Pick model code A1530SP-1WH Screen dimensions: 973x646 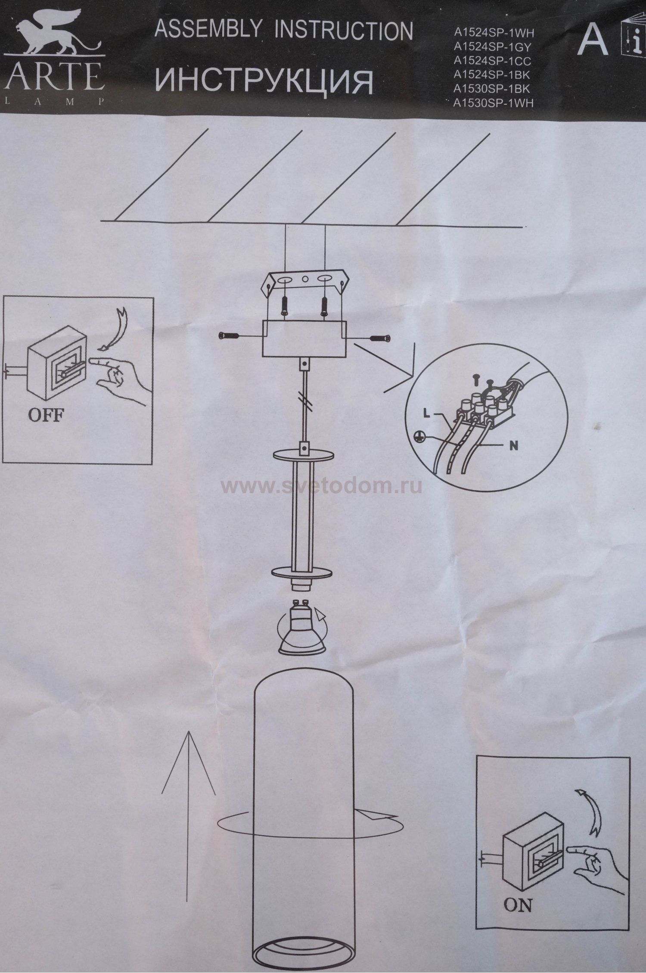point(494,103)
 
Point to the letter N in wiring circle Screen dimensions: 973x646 point(513,446)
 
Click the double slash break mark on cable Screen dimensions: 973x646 point(305,400)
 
